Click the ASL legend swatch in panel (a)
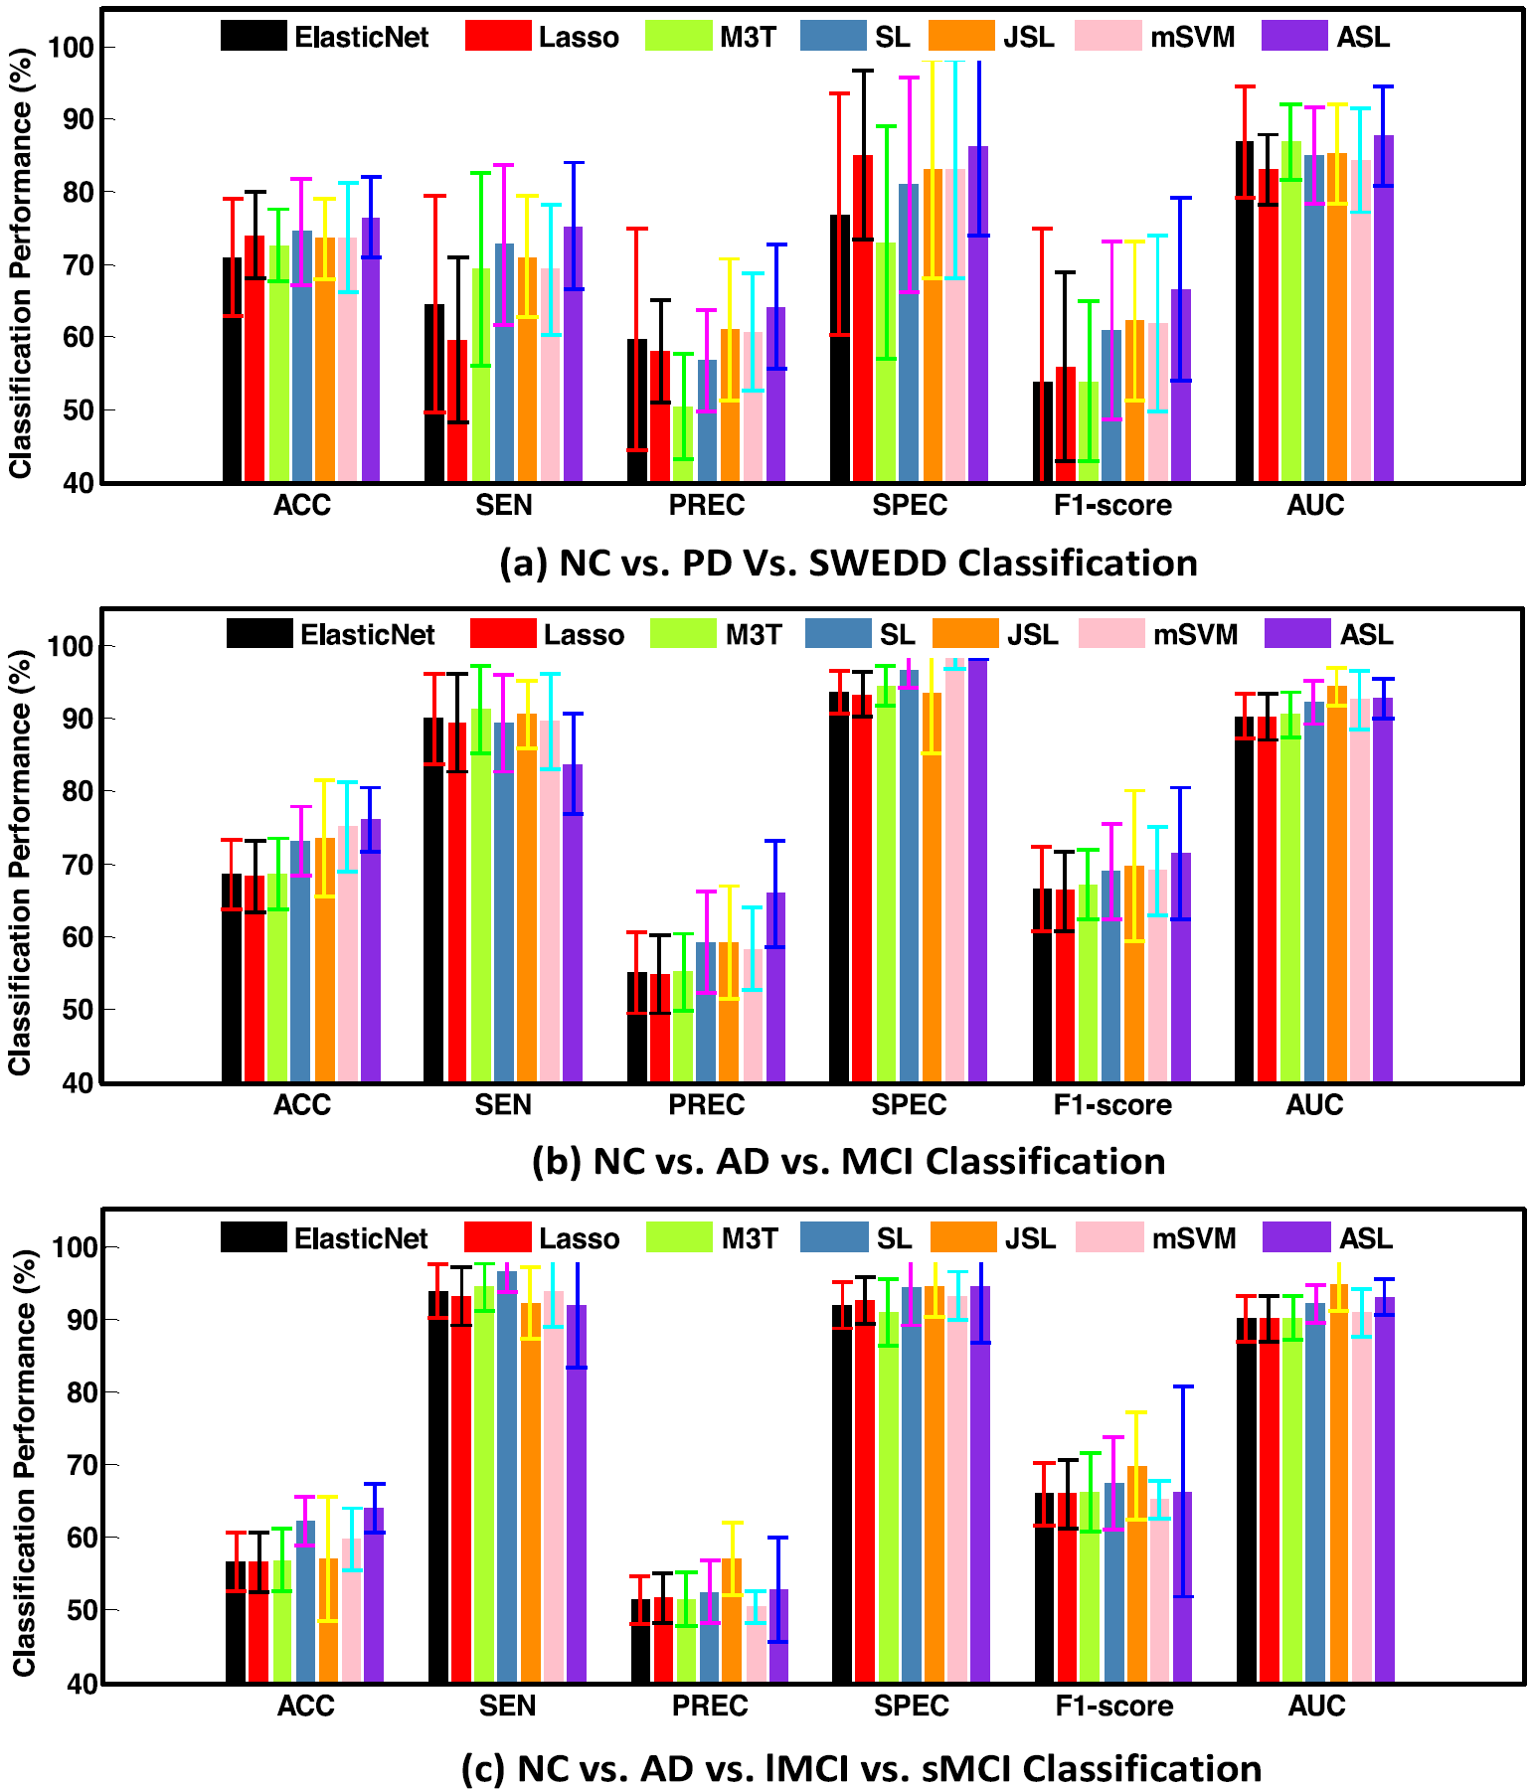1294,37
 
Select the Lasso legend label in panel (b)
584,635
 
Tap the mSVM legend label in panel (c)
1194,1238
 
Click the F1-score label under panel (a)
1112,506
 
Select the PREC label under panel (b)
706,1105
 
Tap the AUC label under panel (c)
1316,1707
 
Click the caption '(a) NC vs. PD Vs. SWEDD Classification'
848,564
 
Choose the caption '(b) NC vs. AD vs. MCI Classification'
848,1162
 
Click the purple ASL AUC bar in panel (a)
1383,308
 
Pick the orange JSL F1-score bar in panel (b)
1134,974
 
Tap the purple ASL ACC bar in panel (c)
374,1595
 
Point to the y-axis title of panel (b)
20,862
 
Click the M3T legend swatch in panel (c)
679,1238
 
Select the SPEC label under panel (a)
909,506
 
